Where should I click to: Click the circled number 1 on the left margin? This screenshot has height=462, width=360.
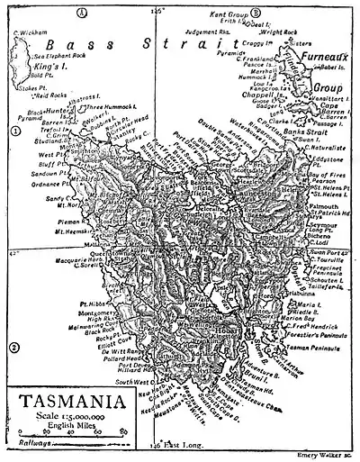pos(14,131)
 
